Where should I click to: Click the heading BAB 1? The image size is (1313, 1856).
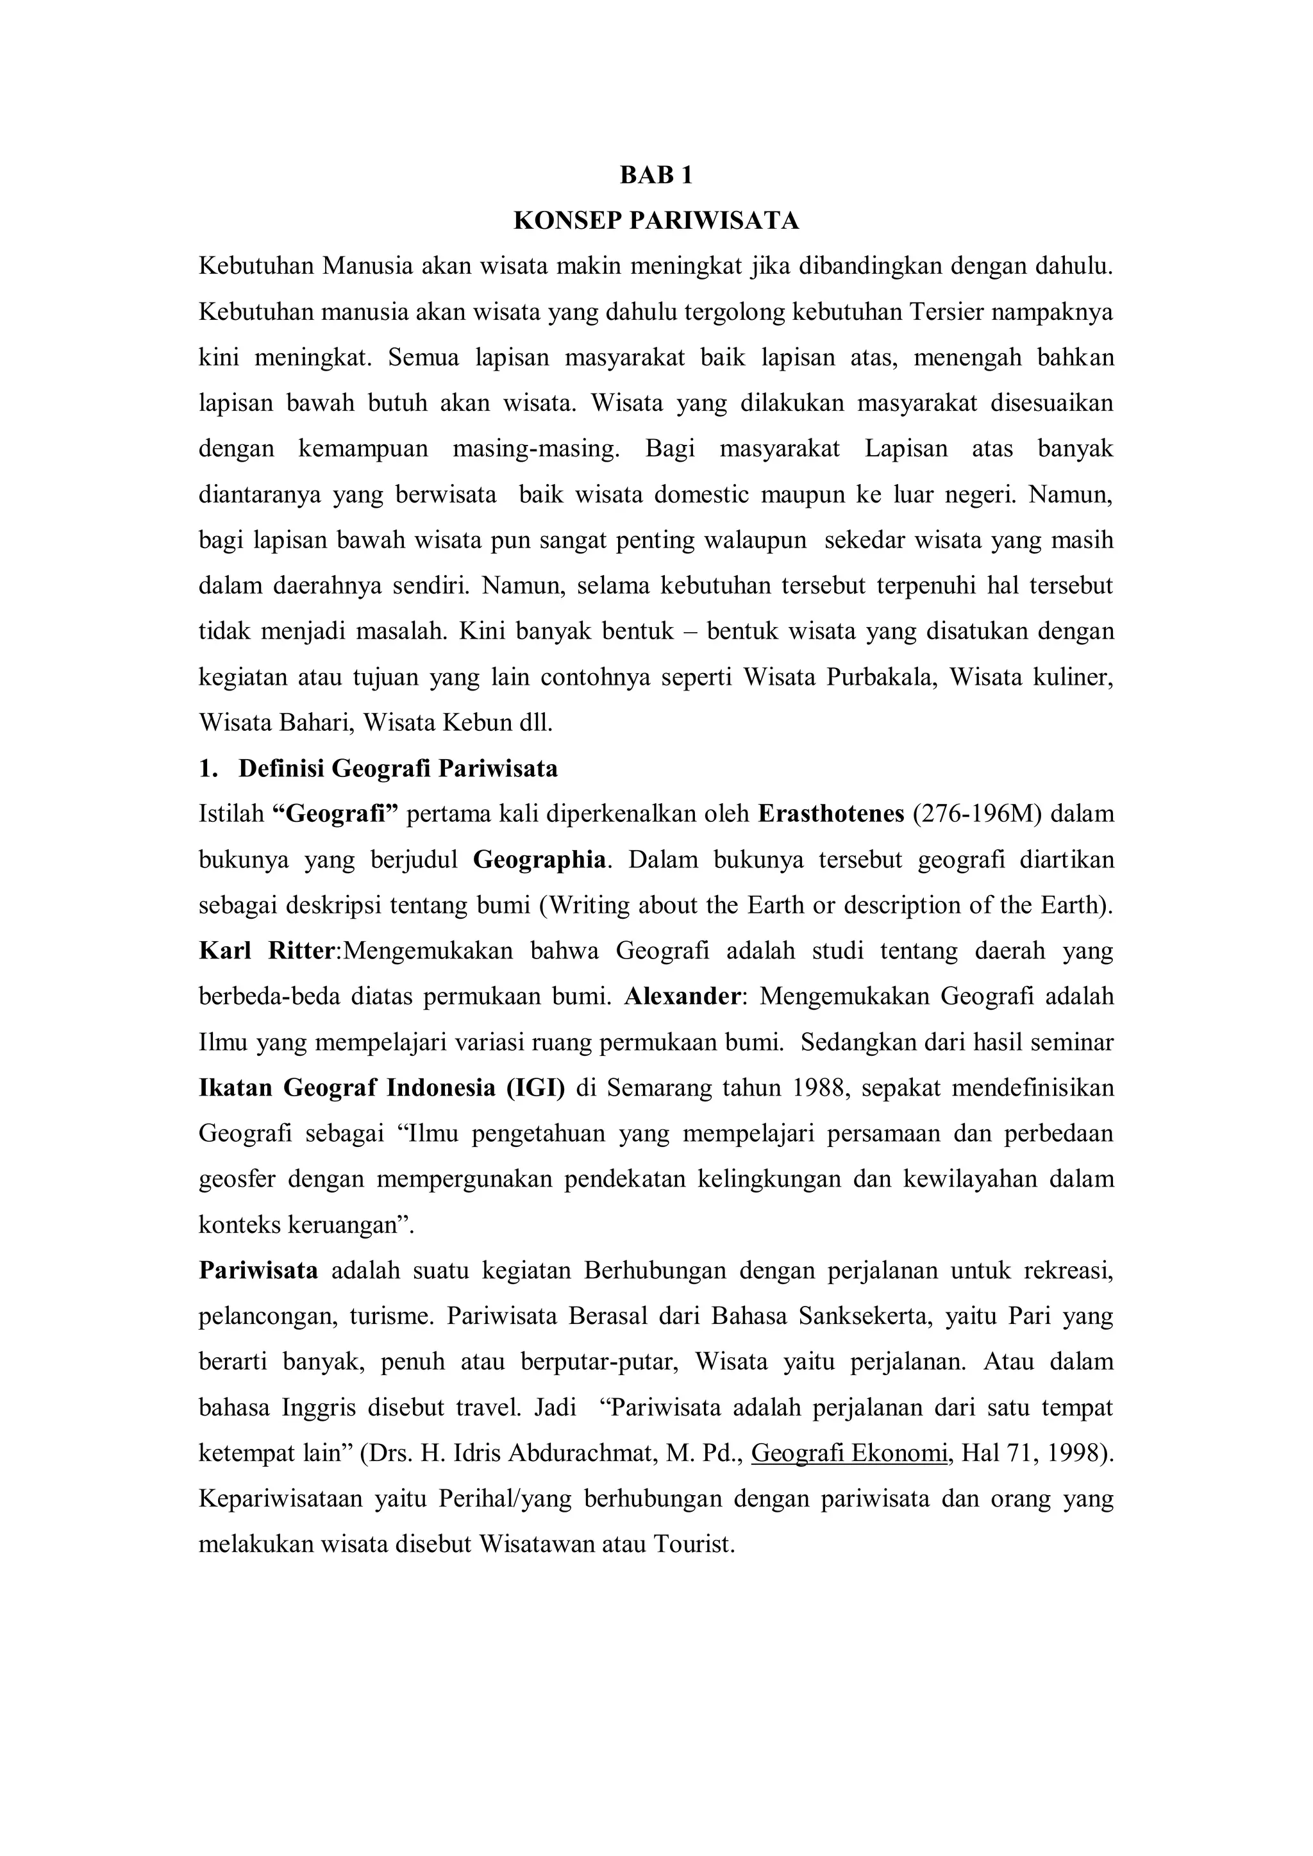(x=656, y=176)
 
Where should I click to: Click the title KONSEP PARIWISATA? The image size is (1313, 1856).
(x=656, y=221)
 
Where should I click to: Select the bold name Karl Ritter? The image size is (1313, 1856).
(x=266, y=951)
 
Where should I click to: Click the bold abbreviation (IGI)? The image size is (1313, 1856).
(x=535, y=1087)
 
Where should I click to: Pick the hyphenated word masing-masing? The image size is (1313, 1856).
(x=535, y=449)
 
